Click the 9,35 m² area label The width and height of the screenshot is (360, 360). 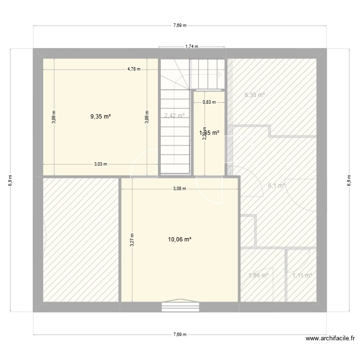point(101,116)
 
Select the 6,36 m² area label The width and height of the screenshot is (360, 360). point(255,95)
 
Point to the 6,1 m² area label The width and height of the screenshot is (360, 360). point(276,186)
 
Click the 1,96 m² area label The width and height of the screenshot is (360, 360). point(258,275)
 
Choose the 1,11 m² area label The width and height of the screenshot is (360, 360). point(302,275)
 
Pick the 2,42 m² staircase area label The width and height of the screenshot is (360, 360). point(174,116)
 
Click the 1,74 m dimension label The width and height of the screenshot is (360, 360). point(192,47)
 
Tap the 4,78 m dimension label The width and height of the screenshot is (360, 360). point(134,69)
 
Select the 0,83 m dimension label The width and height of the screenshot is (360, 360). point(209,102)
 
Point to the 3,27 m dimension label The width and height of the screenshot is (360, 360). point(132,240)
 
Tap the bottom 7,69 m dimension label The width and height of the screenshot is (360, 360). point(180,335)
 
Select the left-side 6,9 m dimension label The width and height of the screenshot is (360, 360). point(11,180)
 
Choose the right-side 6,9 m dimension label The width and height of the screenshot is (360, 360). point(349,180)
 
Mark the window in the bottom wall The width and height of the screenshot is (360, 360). point(180,306)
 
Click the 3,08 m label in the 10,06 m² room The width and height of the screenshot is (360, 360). point(179,189)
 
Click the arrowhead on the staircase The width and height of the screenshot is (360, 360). point(220,74)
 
